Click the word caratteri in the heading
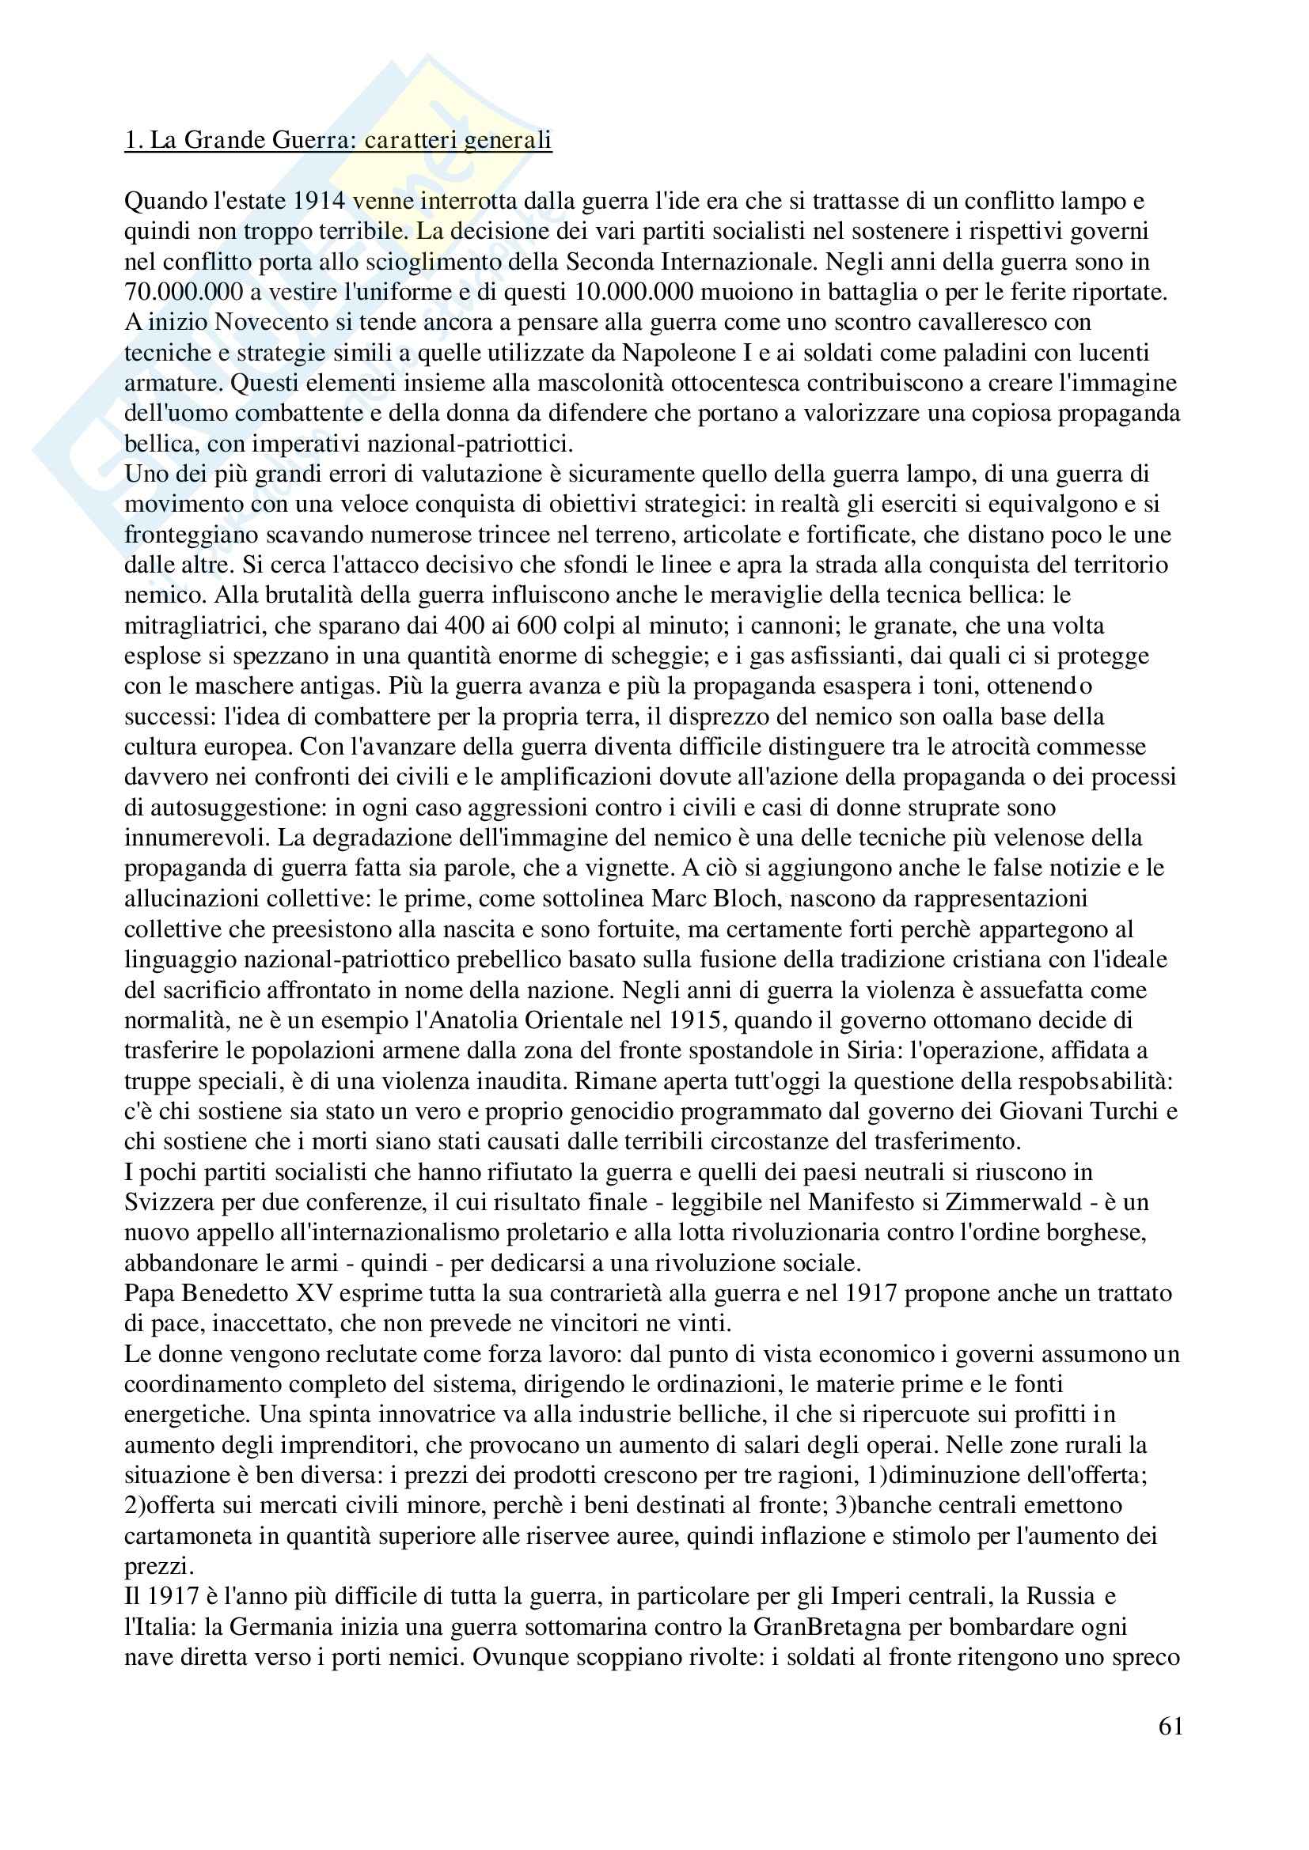[408, 140]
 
